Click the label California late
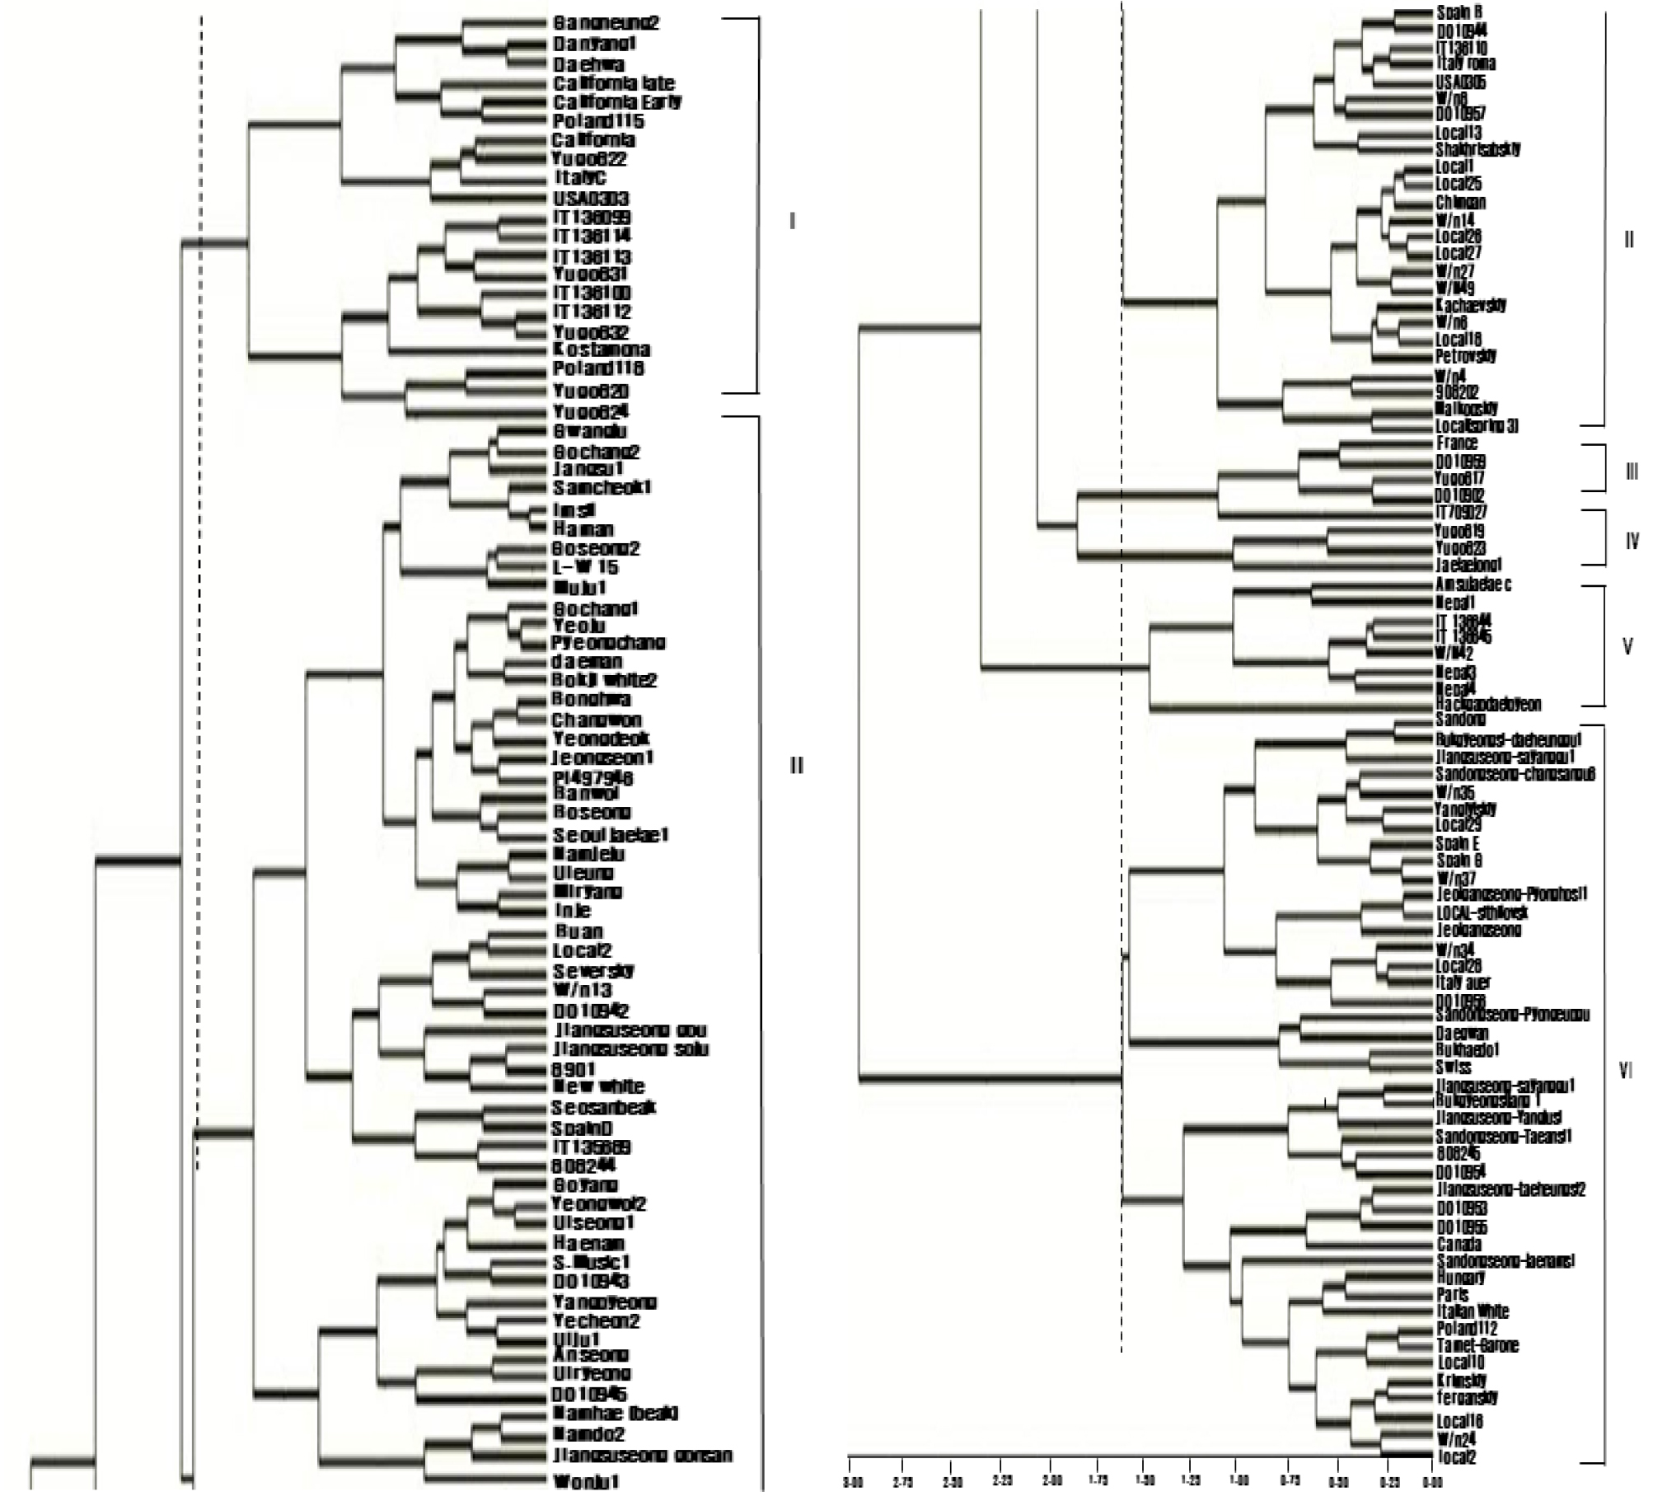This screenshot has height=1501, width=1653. [x=613, y=83]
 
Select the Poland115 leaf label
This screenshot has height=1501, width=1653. [x=598, y=121]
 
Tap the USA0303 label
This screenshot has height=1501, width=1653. [x=591, y=199]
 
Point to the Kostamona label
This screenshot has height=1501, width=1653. [x=601, y=349]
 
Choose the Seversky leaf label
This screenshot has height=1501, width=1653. [x=593, y=970]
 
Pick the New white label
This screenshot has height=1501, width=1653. [x=598, y=1086]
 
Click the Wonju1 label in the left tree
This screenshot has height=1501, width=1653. [x=585, y=1481]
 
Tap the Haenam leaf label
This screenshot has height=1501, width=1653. [x=588, y=1242]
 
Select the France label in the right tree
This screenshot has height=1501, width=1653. [x=1457, y=443]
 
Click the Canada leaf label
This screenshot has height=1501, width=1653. [x=1459, y=1244]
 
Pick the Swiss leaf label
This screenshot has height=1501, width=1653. [x=1453, y=1067]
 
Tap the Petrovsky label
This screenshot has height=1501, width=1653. [x=1466, y=356]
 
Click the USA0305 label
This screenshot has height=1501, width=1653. [x=1461, y=82]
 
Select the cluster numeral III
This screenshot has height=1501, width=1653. [x=1631, y=471]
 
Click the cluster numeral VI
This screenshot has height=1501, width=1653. [x=1625, y=1072]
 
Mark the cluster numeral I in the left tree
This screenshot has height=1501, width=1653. [x=792, y=221]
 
